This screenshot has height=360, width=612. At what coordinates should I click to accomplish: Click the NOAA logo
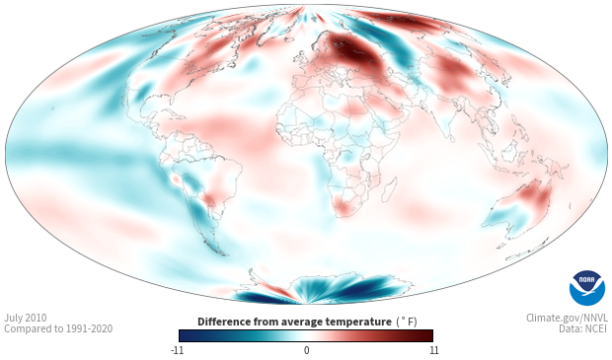pos(586,288)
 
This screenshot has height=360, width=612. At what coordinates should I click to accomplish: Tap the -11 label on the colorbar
pos(178,350)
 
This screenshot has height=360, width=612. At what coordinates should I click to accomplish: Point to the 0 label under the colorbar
pos(306,350)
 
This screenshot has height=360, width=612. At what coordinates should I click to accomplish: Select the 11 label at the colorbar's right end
pos(433,350)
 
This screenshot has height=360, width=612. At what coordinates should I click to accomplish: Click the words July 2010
pos(26,318)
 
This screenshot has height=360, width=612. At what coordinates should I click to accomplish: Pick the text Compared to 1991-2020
pos(58,328)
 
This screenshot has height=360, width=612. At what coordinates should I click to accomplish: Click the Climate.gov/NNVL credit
pos(567,318)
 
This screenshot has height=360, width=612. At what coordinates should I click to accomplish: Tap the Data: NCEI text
pos(583,328)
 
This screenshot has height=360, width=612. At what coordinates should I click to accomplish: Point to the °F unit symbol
pos(408,322)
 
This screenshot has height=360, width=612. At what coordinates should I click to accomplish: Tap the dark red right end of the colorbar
pos(426,335)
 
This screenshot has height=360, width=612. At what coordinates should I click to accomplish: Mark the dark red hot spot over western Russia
pos(353,49)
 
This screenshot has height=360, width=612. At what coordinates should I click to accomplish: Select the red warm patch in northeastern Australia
pos(535,195)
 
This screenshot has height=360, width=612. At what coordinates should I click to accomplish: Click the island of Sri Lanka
pos(451,138)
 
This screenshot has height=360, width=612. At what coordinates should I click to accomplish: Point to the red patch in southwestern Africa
pos(344,208)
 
